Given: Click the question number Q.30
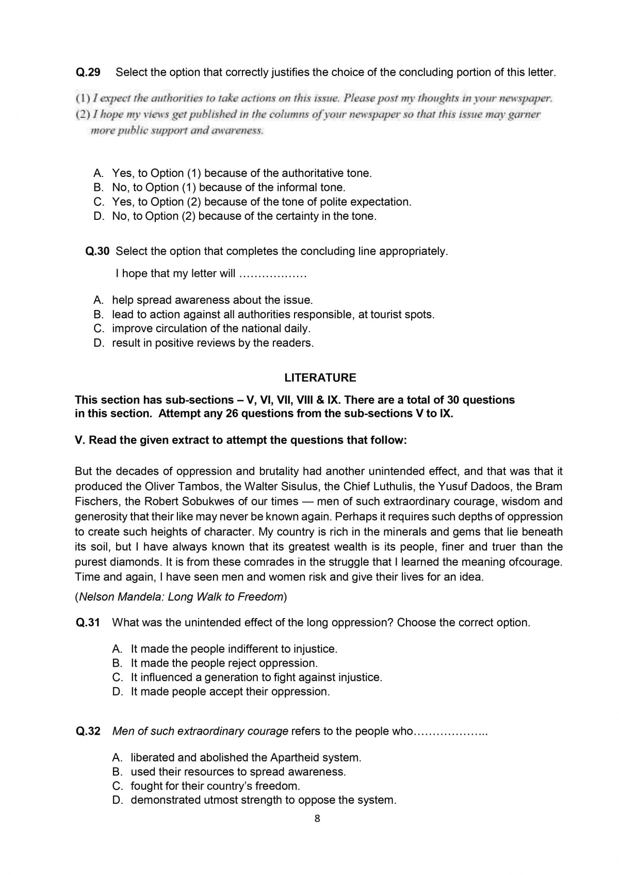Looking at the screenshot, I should [x=97, y=251].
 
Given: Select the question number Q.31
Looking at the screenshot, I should [x=88, y=622].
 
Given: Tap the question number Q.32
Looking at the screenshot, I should [x=88, y=731].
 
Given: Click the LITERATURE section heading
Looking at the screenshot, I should [x=320, y=378].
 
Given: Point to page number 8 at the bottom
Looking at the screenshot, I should [x=317, y=818].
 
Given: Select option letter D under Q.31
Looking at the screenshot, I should [x=117, y=691].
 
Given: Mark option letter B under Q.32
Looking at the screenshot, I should [x=117, y=772].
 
